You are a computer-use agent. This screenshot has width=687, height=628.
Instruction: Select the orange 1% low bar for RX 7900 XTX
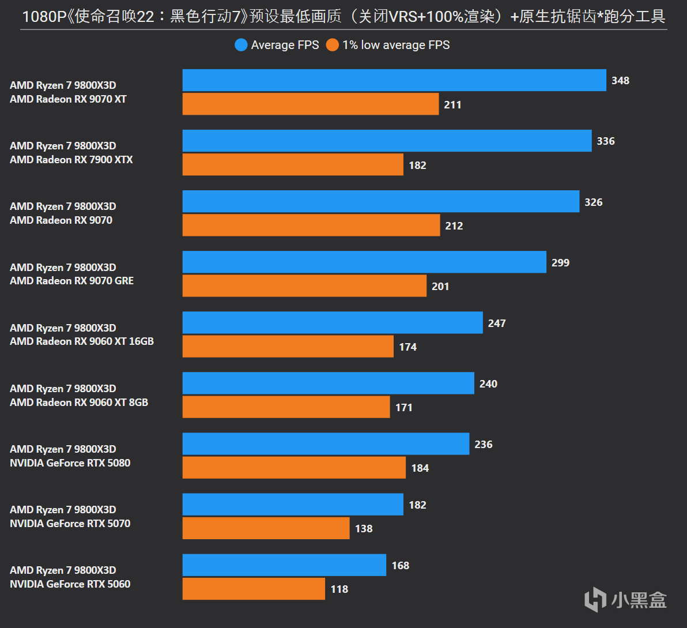(x=293, y=164)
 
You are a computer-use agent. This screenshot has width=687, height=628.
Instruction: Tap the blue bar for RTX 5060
(x=284, y=565)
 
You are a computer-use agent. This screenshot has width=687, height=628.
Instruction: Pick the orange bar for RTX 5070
(x=266, y=528)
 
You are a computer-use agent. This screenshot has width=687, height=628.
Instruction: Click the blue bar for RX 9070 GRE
(x=364, y=262)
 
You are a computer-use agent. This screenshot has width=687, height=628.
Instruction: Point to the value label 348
(x=620, y=81)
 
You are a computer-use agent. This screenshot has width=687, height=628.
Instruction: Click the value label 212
(x=454, y=226)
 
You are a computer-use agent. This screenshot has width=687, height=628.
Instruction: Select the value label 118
(x=339, y=589)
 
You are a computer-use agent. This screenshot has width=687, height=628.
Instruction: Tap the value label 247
(x=497, y=324)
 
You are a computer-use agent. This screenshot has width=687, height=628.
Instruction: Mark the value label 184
(x=420, y=468)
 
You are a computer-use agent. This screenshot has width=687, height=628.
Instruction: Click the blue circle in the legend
(x=241, y=45)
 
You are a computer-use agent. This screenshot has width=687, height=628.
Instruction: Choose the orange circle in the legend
(x=333, y=45)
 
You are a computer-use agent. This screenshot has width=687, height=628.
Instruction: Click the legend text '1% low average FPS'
(x=396, y=45)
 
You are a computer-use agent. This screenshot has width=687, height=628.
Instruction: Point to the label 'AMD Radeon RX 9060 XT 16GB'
(x=82, y=341)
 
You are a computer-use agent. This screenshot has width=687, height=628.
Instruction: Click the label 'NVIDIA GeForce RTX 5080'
(x=70, y=463)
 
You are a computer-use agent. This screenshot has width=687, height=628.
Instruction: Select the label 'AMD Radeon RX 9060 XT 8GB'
(x=79, y=403)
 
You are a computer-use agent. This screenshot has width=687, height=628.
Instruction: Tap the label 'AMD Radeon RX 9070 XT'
(x=68, y=99)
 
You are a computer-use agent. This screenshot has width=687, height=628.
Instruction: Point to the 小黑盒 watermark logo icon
(x=595, y=600)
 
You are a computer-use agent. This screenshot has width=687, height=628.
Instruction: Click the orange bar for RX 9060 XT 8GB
(x=286, y=407)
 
